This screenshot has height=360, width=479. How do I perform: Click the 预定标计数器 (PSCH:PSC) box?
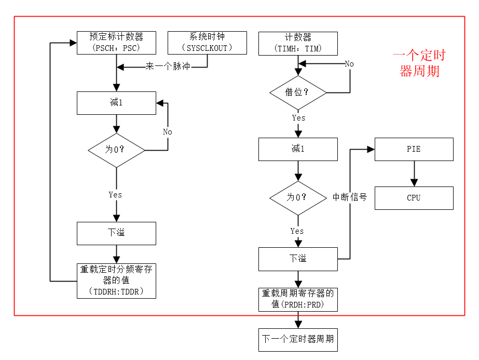[116, 43]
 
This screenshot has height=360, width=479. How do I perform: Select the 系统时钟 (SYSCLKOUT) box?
[207, 43]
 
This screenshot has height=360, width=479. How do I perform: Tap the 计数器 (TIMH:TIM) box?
[298, 43]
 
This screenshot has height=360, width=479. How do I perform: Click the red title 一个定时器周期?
[419, 63]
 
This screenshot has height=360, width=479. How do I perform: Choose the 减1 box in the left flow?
[116, 103]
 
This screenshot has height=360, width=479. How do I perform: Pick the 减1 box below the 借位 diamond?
[298, 149]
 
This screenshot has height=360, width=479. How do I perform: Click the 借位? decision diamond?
[298, 92]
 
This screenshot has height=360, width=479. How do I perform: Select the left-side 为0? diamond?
[116, 150]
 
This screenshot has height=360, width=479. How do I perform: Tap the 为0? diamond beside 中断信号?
[298, 197]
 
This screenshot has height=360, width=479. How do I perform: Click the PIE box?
[414, 149]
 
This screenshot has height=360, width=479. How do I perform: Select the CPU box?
[414, 198]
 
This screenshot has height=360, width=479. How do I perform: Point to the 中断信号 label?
[349, 197]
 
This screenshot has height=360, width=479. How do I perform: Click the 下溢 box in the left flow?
[116, 233]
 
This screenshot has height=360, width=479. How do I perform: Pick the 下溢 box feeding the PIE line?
[298, 259]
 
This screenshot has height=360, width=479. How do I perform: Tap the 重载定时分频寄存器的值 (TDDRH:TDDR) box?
[116, 281]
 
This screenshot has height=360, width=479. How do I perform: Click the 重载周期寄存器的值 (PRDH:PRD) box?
[298, 299]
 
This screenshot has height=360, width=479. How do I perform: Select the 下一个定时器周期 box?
[298, 339]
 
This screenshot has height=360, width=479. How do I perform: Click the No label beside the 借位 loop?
[349, 63]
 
